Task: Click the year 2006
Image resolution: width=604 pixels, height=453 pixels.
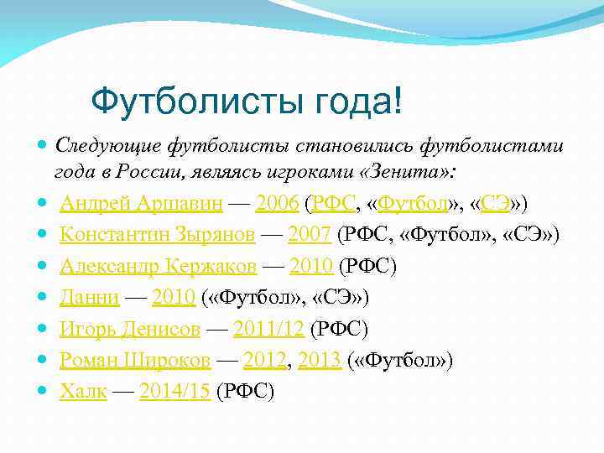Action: (x=278, y=203)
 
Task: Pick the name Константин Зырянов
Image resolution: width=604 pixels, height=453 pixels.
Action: (x=158, y=235)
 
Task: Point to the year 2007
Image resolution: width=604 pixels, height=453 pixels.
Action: (x=310, y=235)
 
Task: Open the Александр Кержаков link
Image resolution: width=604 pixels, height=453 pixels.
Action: (x=159, y=267)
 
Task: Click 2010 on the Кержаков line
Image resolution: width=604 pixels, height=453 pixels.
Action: (x=311, y=267)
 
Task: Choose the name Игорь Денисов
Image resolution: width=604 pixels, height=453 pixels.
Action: (x=130, y=329)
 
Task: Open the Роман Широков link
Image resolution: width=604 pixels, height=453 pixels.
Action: (x=134, y=361)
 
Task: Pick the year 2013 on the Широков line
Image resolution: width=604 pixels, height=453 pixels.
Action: (x=320, y=361)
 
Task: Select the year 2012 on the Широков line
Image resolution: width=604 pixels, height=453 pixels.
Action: (x=264, y=361)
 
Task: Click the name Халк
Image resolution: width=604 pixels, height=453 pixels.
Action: (x=83, y=392)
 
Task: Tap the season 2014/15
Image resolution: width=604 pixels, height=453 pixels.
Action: (x=174, y=392)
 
